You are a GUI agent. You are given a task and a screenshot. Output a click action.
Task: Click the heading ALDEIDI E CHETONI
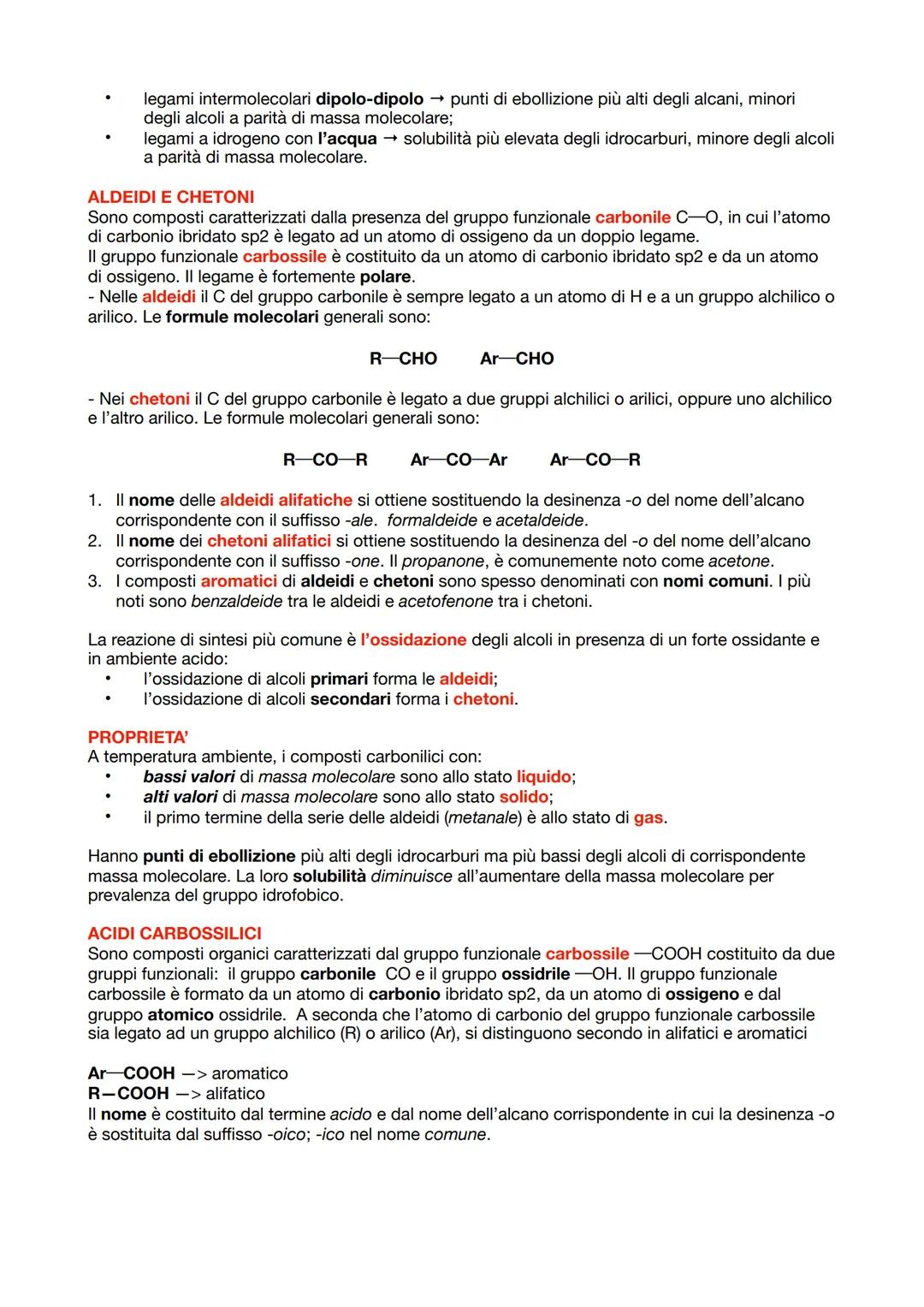pos(170,197)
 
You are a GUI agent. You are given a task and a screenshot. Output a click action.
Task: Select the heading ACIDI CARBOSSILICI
pos(175,933)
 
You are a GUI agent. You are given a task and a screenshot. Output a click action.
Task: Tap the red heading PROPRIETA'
pos(138,737)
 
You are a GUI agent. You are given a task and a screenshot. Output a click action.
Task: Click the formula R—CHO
pos(403,359)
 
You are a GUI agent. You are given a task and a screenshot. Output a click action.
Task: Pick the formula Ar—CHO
pos(517,359)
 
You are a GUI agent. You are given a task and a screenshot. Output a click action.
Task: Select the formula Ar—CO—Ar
pos(459,460)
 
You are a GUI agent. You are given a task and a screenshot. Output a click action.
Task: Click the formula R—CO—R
pos(325,460)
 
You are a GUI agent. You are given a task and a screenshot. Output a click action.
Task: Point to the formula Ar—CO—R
pos(595,460)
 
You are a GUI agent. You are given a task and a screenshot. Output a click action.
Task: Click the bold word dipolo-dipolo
pos(370,99)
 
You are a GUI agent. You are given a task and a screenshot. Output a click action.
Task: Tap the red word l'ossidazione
pos(413,639)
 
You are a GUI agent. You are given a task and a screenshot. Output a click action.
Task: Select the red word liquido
pos(543,777)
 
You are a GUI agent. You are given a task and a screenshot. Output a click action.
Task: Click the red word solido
pos(524,797)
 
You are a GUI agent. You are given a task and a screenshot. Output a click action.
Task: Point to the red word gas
pos(648,817)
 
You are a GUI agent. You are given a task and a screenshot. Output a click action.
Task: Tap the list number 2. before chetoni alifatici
pos(95,541)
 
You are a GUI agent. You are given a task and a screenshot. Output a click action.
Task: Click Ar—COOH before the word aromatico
pos(131,1073)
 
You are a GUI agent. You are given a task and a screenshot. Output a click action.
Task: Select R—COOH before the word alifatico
pos(128,1094)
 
